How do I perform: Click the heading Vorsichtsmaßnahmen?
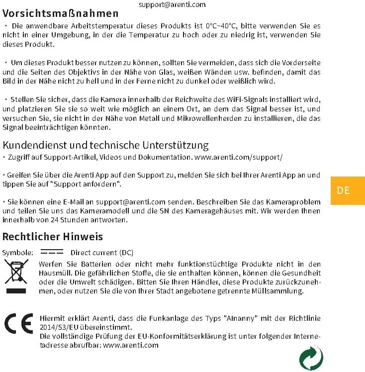(61, 13)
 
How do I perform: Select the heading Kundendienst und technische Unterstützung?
(105, 145)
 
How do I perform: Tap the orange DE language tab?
(343, 190)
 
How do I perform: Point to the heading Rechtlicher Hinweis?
(53, 236)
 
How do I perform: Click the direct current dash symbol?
(52, 252)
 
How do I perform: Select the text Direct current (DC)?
(102, 253)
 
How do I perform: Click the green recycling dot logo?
(311, 358)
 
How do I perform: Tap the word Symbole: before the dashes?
(18, 253)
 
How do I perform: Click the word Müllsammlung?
(282, 291)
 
